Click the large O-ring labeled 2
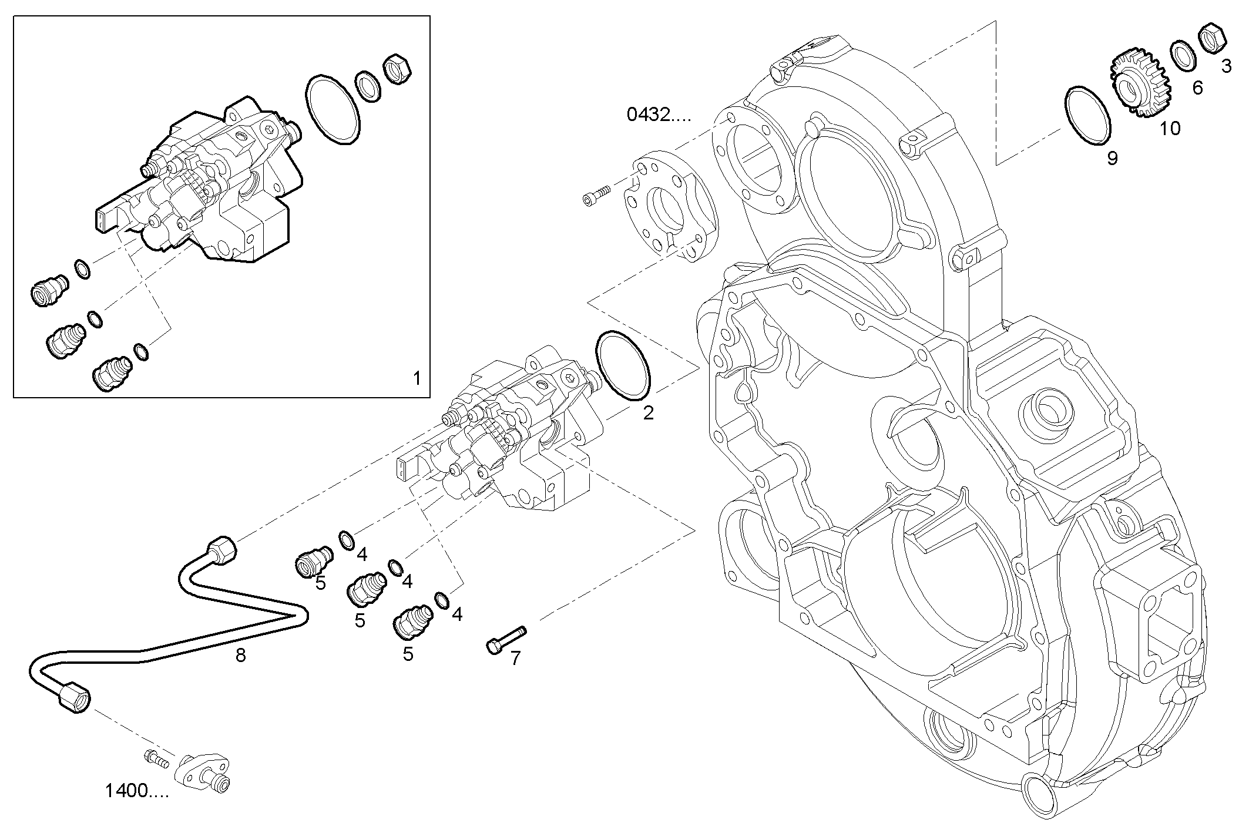(623, 365)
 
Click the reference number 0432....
(659, 115)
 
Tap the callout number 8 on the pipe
(240, 655)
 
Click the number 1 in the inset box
(417, 378)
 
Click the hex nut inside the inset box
(397, 69)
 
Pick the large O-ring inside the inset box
(332, 109)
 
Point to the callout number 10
(1170, 128)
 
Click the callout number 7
(515, 659)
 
